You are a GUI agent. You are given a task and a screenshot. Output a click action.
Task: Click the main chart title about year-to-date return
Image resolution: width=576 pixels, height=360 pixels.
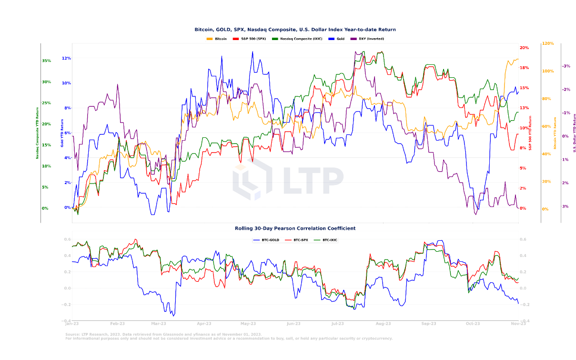[295, 30]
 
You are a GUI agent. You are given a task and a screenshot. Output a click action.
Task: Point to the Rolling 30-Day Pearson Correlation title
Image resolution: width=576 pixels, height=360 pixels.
[295, 228]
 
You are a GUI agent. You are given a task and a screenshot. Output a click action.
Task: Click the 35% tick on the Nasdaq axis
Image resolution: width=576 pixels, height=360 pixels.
[46, 61]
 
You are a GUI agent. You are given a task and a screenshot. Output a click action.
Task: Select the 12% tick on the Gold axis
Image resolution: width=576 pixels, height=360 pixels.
[66, 58]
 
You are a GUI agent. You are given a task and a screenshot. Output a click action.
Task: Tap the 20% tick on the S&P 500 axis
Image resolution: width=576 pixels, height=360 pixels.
[524, 48]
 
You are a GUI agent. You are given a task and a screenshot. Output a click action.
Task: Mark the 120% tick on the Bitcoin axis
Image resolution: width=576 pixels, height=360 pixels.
[547, 43]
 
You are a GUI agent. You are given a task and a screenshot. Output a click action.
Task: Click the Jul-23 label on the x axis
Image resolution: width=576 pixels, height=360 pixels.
[338, 324]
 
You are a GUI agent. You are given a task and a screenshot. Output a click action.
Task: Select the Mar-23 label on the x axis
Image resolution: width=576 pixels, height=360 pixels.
[159, 324]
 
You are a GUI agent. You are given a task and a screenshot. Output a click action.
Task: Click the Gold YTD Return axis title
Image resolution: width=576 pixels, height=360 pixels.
[61, 133]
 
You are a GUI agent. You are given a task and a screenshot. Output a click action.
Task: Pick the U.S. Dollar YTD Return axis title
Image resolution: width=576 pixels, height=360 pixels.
[575, 133]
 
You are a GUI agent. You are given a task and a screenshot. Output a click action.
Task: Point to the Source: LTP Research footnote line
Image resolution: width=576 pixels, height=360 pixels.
[163, 335]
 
